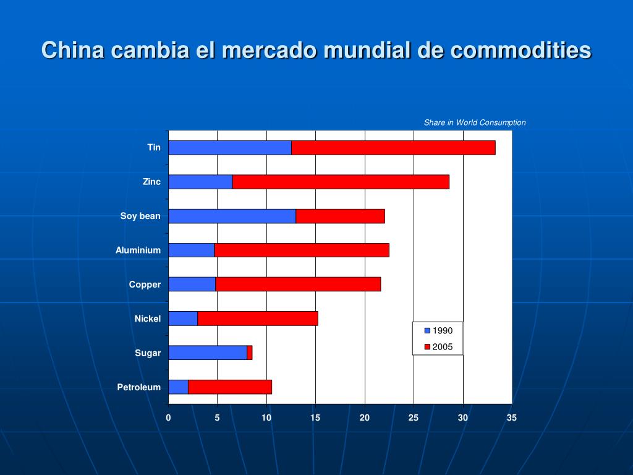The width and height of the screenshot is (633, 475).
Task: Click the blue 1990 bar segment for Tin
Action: (x=230, y=148)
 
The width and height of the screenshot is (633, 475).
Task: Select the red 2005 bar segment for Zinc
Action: (x=341, y=182)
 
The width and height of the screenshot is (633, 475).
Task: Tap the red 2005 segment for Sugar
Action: (x=250, y=353)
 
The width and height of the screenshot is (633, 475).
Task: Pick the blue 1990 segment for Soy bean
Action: (x=232, y=216)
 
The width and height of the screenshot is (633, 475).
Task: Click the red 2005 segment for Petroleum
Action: (x=229, y=387)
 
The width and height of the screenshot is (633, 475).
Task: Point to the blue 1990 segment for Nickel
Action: (x=183, y=319)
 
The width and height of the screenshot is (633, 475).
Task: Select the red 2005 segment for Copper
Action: (x=298, y=285)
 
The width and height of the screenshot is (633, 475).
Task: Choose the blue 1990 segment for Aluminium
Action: (x=191, y=250)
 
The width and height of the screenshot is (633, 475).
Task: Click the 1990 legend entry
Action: (x=438, y=330)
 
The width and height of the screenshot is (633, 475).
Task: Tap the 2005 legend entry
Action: (x=438, y=346)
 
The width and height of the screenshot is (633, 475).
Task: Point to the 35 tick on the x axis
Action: (x=512, y=418)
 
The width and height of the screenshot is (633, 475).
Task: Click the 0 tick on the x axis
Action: (x=168, y=418)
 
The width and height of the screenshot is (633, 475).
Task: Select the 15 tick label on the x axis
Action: (x=315, y=418)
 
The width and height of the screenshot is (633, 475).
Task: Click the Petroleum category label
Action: (x=139, y=387)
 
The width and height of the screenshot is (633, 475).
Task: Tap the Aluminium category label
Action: (x=138, y=250)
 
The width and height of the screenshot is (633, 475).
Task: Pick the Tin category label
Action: (x=154, y=147)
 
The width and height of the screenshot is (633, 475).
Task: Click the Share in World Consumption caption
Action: (x=475, y=122)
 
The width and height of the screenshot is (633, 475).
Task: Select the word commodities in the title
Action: (x=520, y=50)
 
